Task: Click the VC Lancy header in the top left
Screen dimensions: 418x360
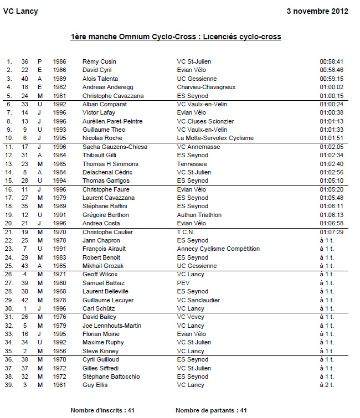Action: (20, 11)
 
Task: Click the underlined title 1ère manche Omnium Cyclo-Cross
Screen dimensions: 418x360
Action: (176, 37)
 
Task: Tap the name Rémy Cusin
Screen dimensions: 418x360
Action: (99, 61)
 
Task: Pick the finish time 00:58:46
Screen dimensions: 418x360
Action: (332, 70)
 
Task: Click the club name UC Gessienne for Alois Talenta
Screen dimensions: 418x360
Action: (195, 79)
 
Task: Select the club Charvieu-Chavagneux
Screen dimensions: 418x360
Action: (206, 87)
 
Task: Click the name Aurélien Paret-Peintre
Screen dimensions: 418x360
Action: (112, 121)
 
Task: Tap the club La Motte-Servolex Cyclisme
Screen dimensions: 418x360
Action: (215, 138)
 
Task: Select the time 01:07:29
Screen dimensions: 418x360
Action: (332, 232)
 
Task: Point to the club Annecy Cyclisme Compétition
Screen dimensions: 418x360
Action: (218, 249)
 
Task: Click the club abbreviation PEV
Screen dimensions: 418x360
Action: (183, 283)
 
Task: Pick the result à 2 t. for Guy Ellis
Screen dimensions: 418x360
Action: (327, 385)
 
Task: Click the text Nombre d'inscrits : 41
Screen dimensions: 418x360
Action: (102, 410)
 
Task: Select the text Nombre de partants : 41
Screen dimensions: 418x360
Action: (211, 410)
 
